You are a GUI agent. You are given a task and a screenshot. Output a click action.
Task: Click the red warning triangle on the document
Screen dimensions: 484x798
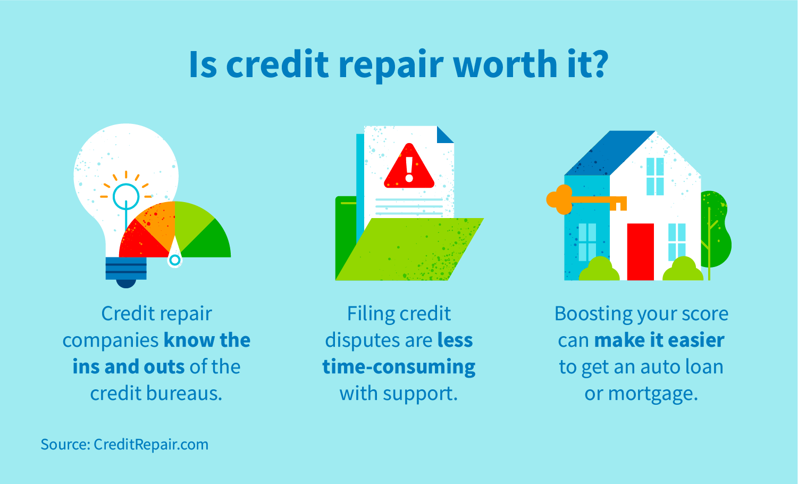click(409, 167)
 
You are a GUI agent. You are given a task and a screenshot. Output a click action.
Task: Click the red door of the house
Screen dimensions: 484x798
click(640, 251)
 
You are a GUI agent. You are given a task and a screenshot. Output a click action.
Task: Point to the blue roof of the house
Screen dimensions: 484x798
click(606, 154)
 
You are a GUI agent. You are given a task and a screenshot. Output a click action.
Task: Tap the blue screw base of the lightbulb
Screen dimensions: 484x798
click(126, 269)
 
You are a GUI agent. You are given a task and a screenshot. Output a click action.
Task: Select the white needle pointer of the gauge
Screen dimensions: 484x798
click(174, 257)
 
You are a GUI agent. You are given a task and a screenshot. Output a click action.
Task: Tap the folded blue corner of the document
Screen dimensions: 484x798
click(444, 135)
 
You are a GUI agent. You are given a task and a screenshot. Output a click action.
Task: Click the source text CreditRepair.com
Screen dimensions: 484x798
click(151, 445)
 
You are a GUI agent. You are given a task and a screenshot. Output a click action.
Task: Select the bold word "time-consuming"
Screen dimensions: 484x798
click(399, 367)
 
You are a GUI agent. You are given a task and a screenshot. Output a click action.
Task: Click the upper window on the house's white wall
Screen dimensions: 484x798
click(655, 176)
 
